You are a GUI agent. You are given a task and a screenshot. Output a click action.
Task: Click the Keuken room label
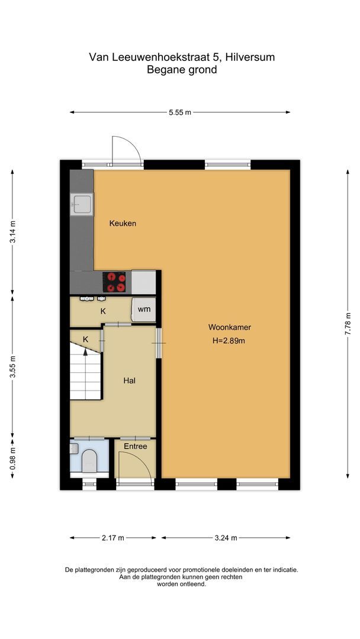(123, 224)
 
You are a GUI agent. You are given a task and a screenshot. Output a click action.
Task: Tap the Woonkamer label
(226, 327)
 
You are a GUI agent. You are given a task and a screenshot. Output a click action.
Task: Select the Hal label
(130, 381)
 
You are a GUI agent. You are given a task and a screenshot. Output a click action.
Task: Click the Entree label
(135, 447)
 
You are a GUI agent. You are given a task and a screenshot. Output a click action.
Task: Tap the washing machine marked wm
(144, 309)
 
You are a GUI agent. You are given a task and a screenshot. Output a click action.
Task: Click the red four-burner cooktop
(115, 282)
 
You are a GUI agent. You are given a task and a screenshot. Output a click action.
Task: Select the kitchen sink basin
(81, 204)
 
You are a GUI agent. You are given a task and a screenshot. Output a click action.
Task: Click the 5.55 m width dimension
(179, 112)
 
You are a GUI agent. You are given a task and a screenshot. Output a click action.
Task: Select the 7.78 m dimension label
(348, 324)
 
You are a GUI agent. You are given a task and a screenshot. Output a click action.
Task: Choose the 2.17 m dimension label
(112, 538)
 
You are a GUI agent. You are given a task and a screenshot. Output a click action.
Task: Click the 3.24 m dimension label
(226, 538)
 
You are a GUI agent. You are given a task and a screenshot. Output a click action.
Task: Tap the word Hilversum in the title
(252, 57)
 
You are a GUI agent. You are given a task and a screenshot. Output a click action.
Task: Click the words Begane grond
(182, 70)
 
